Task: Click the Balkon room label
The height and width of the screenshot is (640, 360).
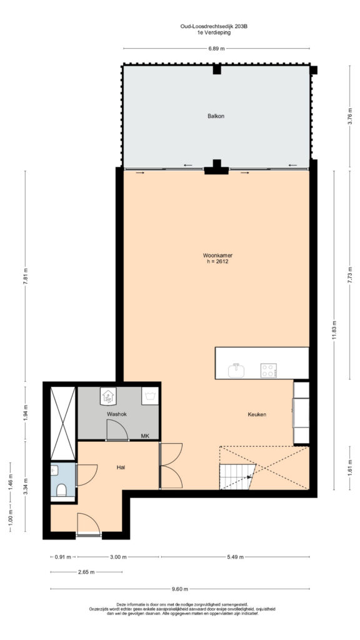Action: point(216,116)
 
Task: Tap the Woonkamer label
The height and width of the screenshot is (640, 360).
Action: point(215,256)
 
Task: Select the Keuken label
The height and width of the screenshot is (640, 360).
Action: point(257,415)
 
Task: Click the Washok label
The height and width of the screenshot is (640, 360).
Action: point(117,414)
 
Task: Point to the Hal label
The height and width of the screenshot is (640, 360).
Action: point(120,467)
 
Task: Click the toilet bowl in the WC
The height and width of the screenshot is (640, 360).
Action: point(62,490)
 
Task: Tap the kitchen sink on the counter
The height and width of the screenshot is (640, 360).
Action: point(236,370)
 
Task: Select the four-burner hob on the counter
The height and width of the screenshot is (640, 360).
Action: point(269,370)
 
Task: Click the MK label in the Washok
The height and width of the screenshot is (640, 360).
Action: point(145,436)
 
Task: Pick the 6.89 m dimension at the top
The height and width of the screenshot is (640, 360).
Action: point(217,49)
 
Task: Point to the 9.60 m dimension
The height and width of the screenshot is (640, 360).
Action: point(180,589)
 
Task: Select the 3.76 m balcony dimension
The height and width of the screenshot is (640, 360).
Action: point(349,116)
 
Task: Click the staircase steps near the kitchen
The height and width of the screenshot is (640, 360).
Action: point(237,476)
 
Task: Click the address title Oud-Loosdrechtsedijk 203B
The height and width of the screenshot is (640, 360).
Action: point(214,27)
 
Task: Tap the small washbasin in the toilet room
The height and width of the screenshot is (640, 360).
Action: point(54,471)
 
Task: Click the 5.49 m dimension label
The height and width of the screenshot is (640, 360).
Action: point(236,557)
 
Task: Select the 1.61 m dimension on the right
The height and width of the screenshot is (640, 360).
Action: point(349,467)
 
